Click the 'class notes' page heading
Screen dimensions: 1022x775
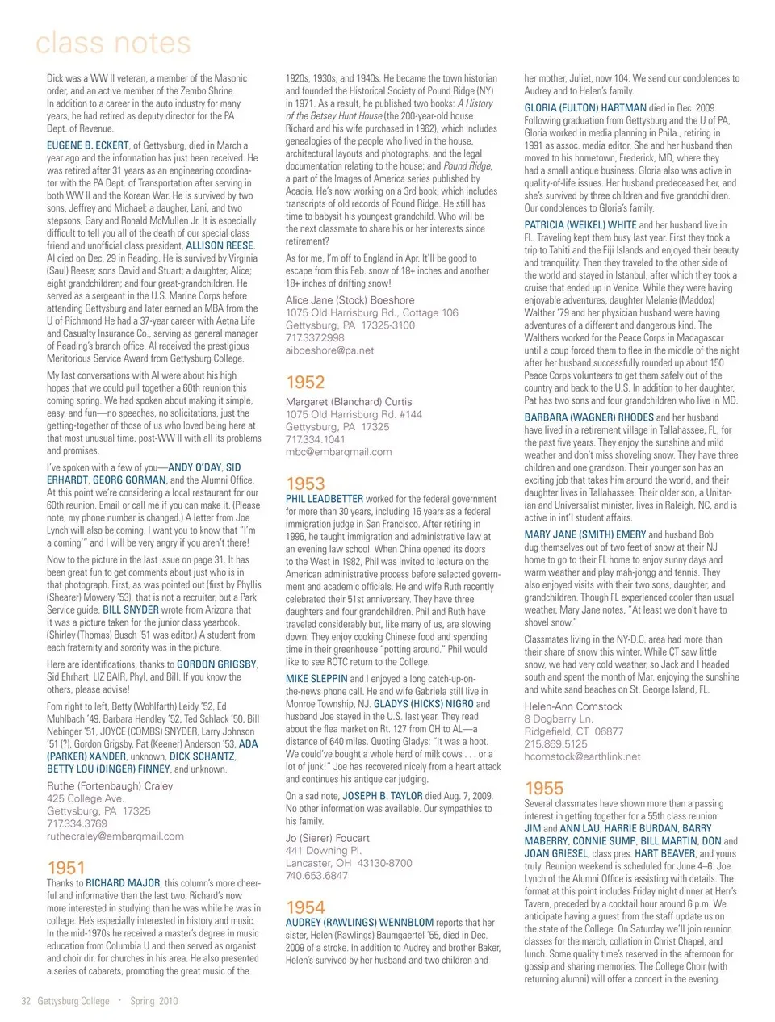point(113,43)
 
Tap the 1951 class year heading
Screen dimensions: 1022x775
point(66,868)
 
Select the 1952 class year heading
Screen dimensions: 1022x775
point(305,383)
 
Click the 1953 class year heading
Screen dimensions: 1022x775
point(305,484)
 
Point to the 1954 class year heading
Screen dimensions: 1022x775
point(305,907)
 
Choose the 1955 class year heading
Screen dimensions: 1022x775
point(544,788)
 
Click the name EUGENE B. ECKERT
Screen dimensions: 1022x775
point(88,146)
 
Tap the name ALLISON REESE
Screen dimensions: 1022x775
point(220,245)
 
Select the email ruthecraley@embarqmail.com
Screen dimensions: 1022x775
point(115,836)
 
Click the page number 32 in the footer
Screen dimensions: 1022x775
point(26,1001)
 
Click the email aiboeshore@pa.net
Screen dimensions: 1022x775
point(329,350)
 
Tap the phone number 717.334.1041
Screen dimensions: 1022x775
point(315,439)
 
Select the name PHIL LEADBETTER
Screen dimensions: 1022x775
point(325,499)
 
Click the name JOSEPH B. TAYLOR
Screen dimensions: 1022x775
point(382,796)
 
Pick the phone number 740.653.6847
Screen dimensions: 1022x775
point(316,875)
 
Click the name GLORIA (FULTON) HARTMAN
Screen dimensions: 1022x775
point(585,108)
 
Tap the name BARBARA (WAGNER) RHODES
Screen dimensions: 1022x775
point(589,417)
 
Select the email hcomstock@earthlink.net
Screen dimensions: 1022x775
point(582,756)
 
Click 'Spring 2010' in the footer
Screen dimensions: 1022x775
point(153,1001)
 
